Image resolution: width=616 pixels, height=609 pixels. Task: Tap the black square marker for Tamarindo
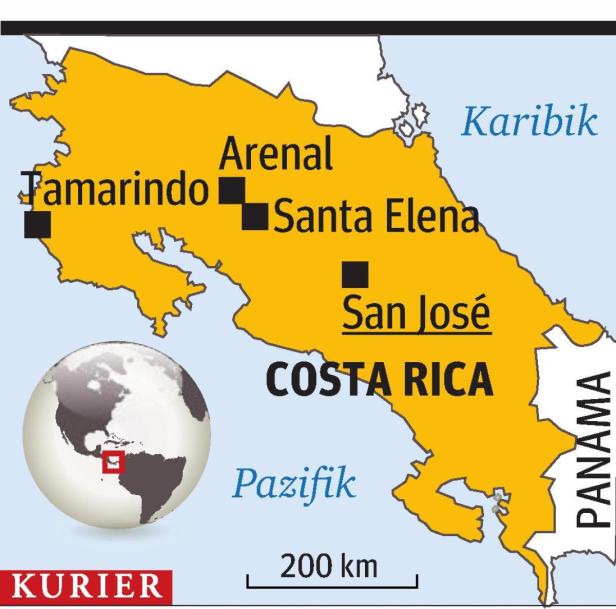(37, 224)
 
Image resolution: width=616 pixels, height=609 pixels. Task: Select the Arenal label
(275, 155)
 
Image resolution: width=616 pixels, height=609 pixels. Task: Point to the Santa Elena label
(375, 216)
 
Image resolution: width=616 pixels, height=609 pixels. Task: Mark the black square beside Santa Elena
(255, 214)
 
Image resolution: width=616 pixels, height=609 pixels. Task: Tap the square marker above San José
(355, 273)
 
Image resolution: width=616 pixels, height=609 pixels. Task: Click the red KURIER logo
(82, 586)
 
